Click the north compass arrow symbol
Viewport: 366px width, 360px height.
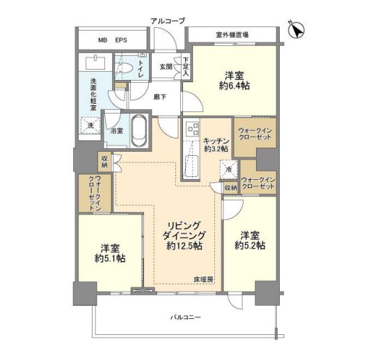coord(296,30)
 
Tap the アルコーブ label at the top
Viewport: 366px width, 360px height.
coord(168,21)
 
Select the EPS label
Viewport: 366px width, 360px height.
coord(121,40)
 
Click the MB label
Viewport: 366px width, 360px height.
coord(102,40)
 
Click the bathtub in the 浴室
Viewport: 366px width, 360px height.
coord(139,131)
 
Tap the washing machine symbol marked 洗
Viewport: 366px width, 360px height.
coord(90,125)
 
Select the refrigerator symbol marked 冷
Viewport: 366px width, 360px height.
coord(228,170)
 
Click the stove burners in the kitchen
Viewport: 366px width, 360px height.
coord(193,129)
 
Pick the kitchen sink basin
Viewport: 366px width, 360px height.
coord(191,166)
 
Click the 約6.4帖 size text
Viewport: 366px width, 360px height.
coord(234,86)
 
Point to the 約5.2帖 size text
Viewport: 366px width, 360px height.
coord(250,246)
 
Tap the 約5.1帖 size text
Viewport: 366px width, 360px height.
coord(110,258)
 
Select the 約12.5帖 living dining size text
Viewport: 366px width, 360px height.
coord(184,246)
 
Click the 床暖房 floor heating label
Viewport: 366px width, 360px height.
coord(204,280)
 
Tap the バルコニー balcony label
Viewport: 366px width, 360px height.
coord(186,318)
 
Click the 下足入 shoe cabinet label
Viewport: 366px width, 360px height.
coord(186,67)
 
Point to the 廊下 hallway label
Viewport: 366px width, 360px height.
coord(160,97)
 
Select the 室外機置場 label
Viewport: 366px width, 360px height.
coord(232,36)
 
